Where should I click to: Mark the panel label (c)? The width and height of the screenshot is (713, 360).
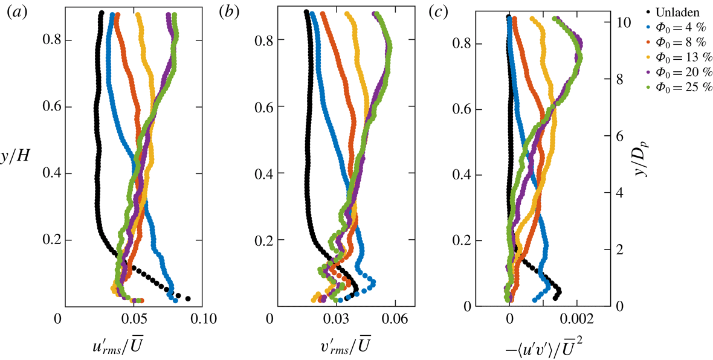click(439, 13)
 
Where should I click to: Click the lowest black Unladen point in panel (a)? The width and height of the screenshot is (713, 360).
click(188, 298)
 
